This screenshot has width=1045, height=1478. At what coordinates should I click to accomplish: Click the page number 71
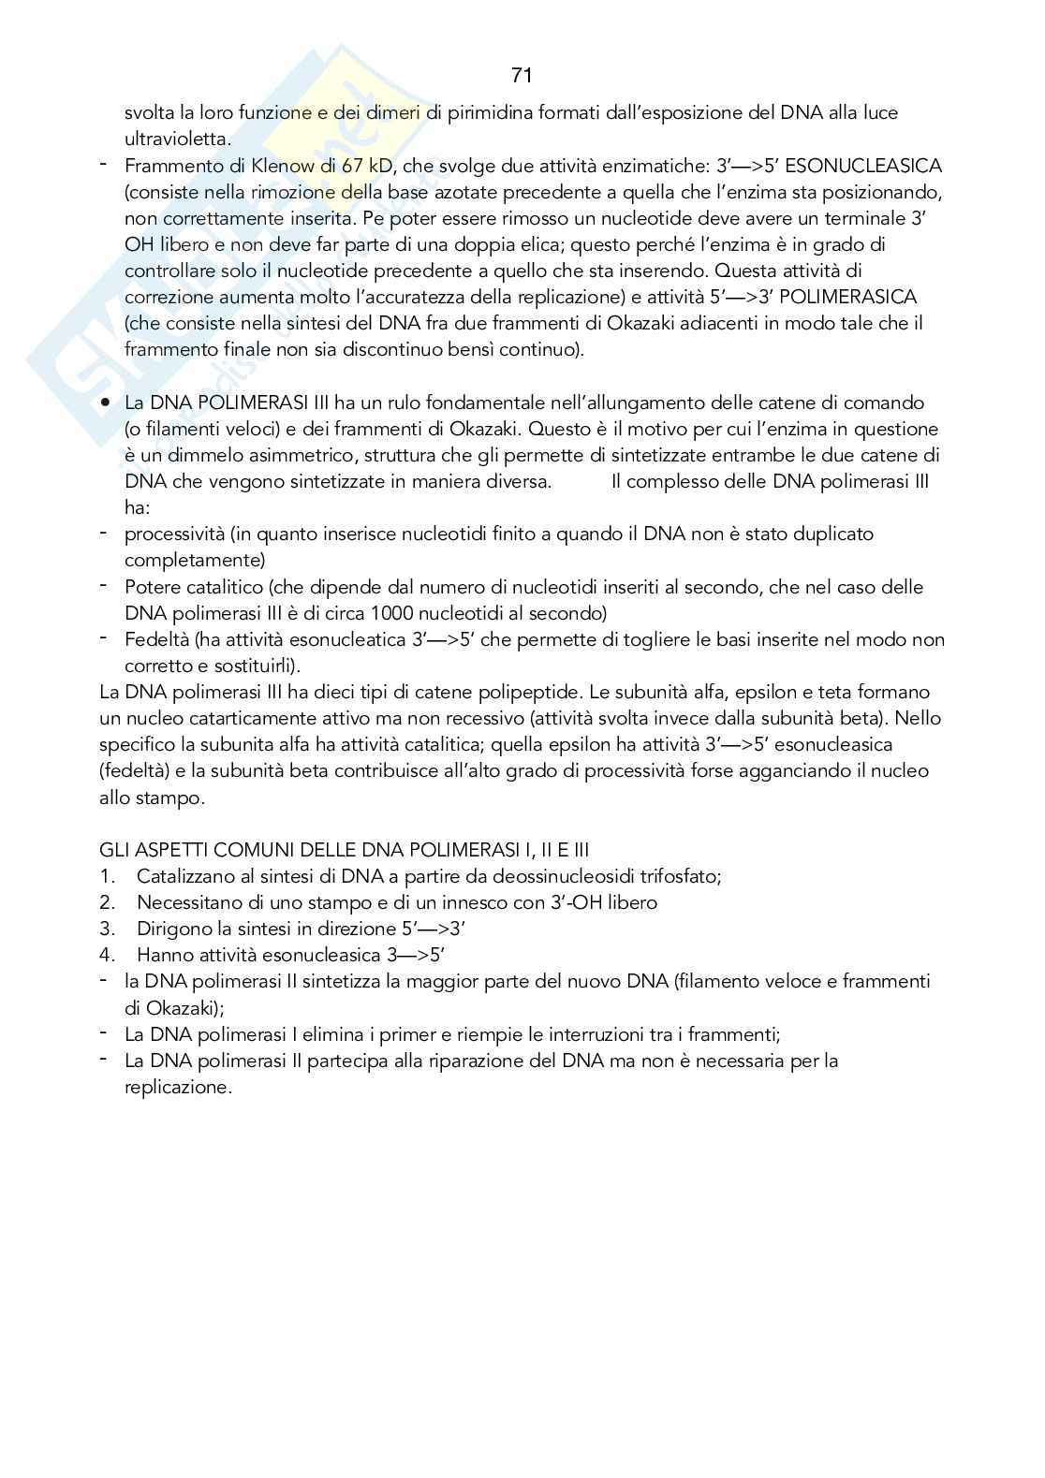pos(522,75)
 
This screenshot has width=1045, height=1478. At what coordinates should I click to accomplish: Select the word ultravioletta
pos(177,139)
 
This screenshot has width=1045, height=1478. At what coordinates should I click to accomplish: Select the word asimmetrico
pos(287,456)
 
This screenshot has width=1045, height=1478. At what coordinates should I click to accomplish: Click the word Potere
pos(155,587)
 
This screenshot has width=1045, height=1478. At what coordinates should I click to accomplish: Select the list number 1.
pos(107,876)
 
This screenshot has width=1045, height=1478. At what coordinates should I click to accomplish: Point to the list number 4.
pos(107,955)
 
